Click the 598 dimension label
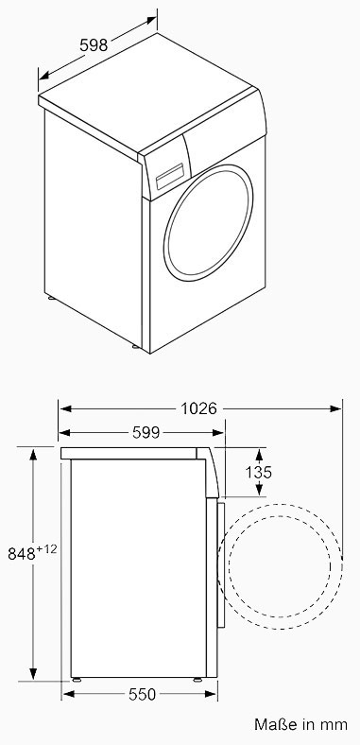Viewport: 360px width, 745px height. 94,45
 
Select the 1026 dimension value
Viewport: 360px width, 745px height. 198,408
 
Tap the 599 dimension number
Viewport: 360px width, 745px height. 146,432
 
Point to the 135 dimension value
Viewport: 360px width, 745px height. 259,473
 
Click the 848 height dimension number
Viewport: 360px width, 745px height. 22,553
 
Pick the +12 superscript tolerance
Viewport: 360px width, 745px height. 46,549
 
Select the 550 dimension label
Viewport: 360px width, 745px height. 142,695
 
